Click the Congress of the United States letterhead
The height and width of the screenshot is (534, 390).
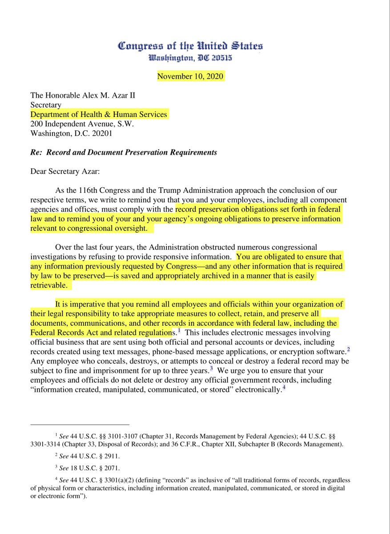click(190, 46)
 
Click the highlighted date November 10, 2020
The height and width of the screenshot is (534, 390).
click(191, 76)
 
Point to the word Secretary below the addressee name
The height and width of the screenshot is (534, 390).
click(46, 105)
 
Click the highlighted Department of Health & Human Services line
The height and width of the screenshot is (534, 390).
click(99, 115)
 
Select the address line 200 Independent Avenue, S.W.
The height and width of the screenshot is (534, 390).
click(82, 124)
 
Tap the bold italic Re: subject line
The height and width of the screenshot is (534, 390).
click(124, 152)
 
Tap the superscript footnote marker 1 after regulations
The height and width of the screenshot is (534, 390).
click(179, 331)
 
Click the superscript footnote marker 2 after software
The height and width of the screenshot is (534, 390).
click(349, 349)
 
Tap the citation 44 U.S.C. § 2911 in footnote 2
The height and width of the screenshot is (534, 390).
click(95, 457)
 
